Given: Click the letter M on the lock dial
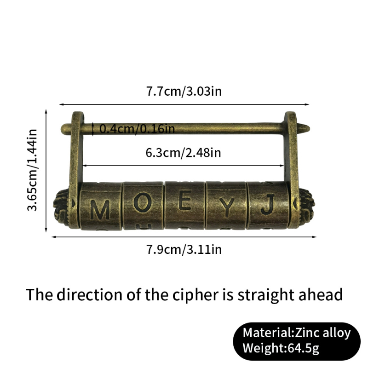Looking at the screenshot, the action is click(100, 210).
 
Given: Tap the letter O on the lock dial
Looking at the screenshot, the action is click(143, 202).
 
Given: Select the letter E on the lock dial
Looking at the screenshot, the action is click(185, 200).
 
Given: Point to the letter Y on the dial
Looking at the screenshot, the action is click(227, 207).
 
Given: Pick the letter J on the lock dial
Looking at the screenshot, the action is click(268, 204).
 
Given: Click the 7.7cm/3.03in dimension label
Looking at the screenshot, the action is click(184, 91).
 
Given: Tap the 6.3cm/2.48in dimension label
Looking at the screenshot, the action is click(183, 153).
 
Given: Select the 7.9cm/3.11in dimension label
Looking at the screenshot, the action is click(184, 249).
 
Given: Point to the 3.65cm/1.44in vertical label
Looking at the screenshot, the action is click(32, 170).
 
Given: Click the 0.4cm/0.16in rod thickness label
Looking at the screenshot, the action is click(137, 129).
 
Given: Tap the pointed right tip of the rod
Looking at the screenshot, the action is click(310, 128).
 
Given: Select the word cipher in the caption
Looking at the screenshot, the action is click(195, 294).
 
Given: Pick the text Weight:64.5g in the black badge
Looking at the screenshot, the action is click(281, 348).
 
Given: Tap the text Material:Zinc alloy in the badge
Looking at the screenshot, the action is click(297, 333).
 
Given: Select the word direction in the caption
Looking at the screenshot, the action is click(90, 294).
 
